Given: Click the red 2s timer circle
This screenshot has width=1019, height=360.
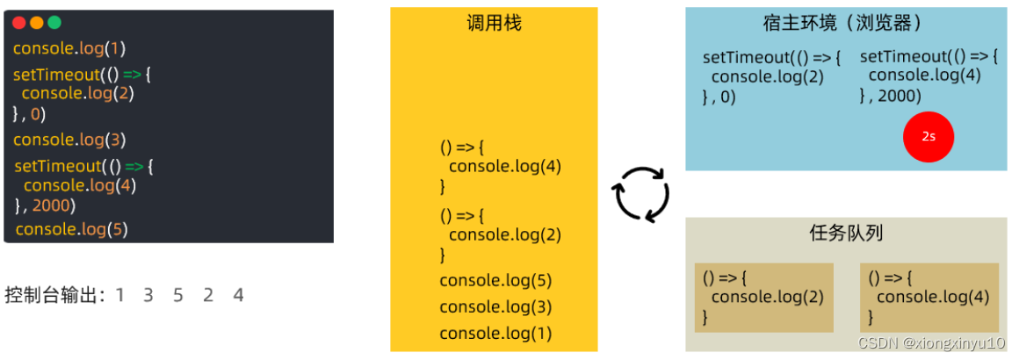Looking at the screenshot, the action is (x=929, y=138).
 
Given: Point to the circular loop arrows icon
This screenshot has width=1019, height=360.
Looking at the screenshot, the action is (x=641, y=196).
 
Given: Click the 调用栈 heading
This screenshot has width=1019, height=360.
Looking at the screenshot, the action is (x=494, y=24).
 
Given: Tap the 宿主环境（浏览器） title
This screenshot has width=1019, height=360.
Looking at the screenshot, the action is (x=845, y=24).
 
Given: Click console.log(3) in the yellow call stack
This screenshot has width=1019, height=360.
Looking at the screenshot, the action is (x=495, y=306).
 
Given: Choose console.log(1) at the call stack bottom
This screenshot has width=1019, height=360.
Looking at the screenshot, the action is (x=495, y=333).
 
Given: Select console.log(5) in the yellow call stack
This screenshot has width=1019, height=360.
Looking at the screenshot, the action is (x=495, y=281).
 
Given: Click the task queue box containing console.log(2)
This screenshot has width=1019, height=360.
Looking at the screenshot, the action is (x=763, y=297).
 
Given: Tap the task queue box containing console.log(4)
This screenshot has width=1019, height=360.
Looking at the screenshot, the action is (x=929, y=297).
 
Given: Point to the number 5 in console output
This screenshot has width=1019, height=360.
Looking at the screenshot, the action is (x=178, y=295).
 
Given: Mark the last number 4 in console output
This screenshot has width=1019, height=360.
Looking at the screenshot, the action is (x=238, y=295).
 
